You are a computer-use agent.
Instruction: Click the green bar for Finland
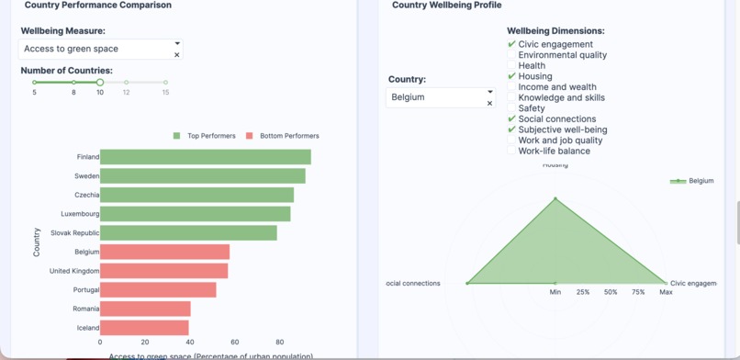tap(205, 157)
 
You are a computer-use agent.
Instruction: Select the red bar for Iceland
tap(144, 328)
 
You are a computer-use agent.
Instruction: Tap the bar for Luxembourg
tap(195, 214)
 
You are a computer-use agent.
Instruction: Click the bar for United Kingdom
tap(163, 271)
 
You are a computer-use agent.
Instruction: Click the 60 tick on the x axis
tap(235, 342)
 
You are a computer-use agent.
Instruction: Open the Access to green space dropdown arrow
tap(177, 43)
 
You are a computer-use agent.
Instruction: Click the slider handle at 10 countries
tap(100, 83)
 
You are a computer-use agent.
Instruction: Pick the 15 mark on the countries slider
tap(165, 83)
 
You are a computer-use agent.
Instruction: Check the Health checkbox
tap(511, 66)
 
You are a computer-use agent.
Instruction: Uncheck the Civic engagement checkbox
tap(511, 44)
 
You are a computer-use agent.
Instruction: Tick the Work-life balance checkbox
tap(511, 152)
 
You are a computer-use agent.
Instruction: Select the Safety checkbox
tap(511, 108)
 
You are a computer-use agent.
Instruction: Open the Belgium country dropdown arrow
tap(489, 92)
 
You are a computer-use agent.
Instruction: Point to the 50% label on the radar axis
tap(611, 292)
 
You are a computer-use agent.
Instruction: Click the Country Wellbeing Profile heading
tap(446, 6)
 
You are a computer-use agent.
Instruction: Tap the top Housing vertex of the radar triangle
tap(555, 198)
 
